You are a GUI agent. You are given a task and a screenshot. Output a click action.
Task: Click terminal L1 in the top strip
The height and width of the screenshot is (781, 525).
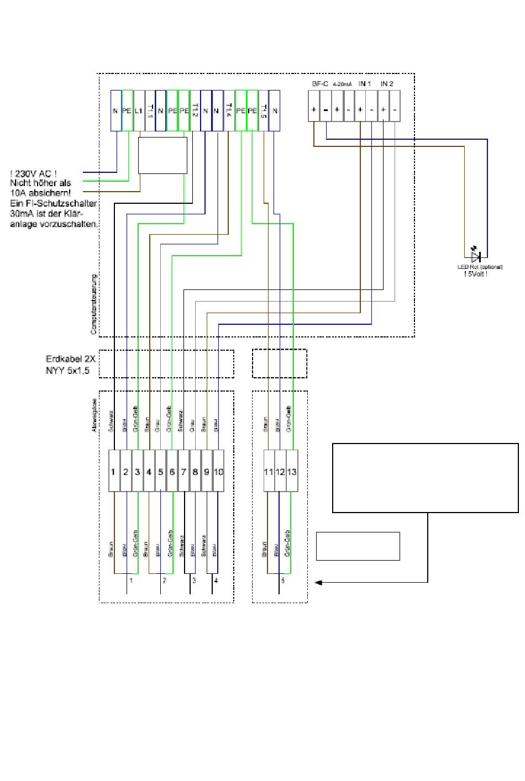click(x=139, y=110)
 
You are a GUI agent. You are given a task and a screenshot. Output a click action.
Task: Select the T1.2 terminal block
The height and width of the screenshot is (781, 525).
click(x=195, y=110)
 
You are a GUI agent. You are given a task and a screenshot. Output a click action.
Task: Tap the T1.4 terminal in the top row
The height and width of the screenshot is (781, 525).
click(x=229, y=110)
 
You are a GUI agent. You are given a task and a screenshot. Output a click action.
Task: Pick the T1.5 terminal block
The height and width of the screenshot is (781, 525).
click(x=264, y=110)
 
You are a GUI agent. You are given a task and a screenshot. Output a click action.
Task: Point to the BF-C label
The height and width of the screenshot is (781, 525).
click(x=320, y=84)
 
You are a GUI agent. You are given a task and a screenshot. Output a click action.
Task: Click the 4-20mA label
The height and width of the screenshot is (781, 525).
click(x=343, y=85)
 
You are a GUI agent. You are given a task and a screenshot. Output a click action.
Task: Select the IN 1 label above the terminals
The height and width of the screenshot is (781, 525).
click(x=365, y=84)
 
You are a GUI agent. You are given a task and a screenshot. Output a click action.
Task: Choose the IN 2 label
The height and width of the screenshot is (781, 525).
click(x=387, y=84)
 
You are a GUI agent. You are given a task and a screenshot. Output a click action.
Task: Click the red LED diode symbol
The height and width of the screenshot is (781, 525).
click(x=475, y=256)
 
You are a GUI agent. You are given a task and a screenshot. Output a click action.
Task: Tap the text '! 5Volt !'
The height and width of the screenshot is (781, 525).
click(x=476, y=274)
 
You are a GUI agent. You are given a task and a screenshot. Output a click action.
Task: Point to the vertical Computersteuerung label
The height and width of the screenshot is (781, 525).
click(x=94, y=304)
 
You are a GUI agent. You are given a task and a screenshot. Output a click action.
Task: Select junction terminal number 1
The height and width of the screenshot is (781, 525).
click(x=114, y=472)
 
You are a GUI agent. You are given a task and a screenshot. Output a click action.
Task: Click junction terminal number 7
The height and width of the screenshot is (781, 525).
click(x=183, y=472)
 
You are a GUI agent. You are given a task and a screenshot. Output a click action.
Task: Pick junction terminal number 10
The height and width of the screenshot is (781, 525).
click(x=218, y=472)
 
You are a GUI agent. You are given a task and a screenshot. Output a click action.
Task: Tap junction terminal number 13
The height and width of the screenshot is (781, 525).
click(x=292, y=472)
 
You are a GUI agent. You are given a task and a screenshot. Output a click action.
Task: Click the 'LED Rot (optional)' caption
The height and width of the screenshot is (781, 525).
click(x=476, y=267)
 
